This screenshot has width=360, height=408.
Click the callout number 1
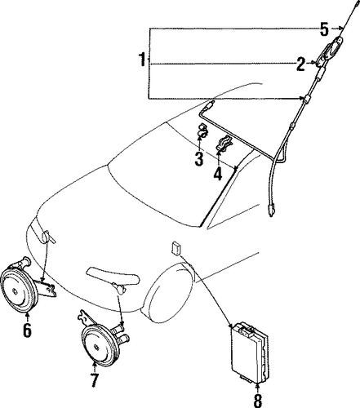click(142, 60)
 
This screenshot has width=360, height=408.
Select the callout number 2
click(300, 64)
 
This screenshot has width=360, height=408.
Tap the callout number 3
click(199, 159)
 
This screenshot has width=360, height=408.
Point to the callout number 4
click(218, 173)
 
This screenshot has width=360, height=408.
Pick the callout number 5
click(324, 29)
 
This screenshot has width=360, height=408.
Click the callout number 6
click(27, 330)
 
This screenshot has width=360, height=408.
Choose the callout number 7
click(94, 380)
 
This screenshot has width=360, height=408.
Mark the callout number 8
click(257, 400)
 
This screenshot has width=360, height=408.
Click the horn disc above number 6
click(19, 290)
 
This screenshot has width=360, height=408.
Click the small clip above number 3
click(202, 131)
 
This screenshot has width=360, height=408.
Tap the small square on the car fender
click(176, 248)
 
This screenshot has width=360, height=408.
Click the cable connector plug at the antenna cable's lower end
click(270, 211)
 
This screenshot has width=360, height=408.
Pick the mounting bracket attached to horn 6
click(47, 288)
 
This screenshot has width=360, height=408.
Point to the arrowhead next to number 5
click(340, 29)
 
